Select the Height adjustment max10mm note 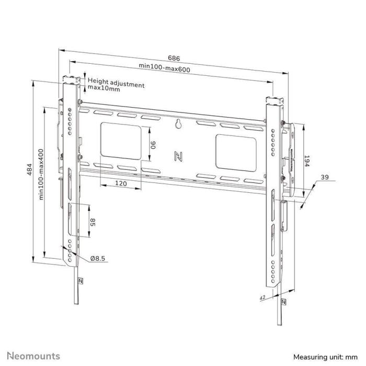pyautogui.click(x=116, y=85)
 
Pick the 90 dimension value pyautogui.click(x=153, y=144)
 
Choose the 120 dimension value pyautogui.click(x=121, y=184)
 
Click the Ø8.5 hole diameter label pyautogui.click(x=98, y=258)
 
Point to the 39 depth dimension pyautogui.click(x=324, y=178)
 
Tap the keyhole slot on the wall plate pyautogui.click(x=178, y=124)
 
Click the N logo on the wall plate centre pyautogui.click(x=178, y=155)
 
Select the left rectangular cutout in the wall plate pyautogui.click(x=120, y=140)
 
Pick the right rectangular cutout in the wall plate pyautogui.click(x=235, y=151)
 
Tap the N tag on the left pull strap pyautogui.click(x=81, y=280)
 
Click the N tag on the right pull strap pyautogui.click(x=283, y=303)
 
